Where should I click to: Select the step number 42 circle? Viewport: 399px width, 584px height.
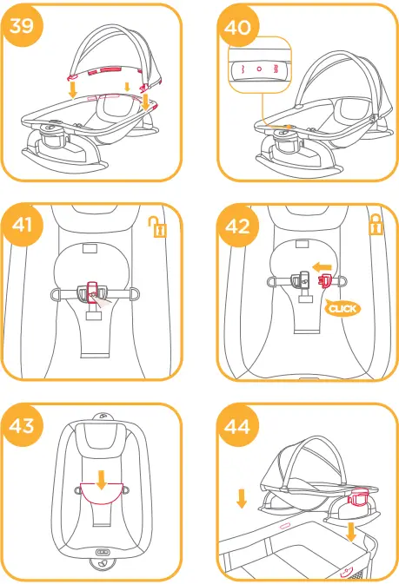pos(236,227)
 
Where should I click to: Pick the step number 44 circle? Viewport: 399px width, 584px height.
pos(236,427)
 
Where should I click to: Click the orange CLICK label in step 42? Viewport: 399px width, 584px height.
pos(342,307)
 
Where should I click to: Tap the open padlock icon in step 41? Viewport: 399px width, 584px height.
pos(157,228)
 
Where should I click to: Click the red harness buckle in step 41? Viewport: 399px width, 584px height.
pos(93,289)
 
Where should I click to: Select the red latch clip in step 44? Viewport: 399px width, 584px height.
pos(356,500)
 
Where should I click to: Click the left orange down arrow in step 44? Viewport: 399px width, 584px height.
pos(242,498)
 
